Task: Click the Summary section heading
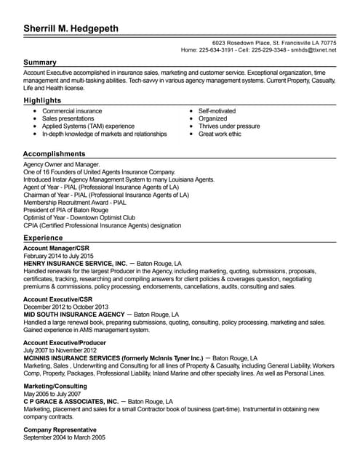pyautogui.click(x=40, y=62)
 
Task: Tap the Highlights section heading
pyautogui.click(x=42, y=100)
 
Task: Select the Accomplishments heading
pyautogui.click(x=54, y=154)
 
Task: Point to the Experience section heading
pyautogui.click(x=43, y=238)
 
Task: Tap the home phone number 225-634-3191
pyautogui.click(x=217, y=50)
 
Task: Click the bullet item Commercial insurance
pyautogui.click(x=72, y=110)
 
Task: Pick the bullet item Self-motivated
pyautogui.click(x=217, y=110)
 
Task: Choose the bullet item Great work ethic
pyautogui.click(x=220, y=134)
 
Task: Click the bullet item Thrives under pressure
pyautogui.click(x=228, y=126)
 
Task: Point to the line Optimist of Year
pyautogui.click(x=79, y=217)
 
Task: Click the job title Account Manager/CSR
pyautogui.click(x=56, y=248)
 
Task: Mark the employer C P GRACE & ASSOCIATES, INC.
pyautogui.click(x=71, y=401)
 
